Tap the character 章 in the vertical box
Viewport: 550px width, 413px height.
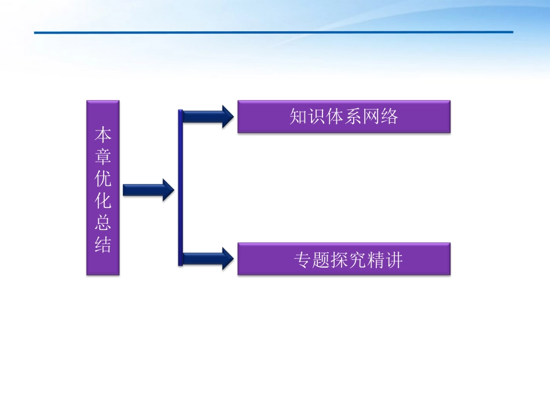(x=103, y=157)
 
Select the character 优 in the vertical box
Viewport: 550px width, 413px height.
(x=103, y=179)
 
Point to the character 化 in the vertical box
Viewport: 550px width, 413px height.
(x=103, y=201)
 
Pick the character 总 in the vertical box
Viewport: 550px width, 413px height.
(x=103, y=223)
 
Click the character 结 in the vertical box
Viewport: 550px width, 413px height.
(x=103, y=244)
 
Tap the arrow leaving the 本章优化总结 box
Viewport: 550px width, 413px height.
(x=148, y=190)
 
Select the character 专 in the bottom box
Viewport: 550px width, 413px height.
(x=303, y=260)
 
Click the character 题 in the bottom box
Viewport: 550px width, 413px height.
(x=322, y=260)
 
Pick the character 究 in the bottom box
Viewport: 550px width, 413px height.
(x=358, y=260)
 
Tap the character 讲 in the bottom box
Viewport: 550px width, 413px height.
(x=394, y=260)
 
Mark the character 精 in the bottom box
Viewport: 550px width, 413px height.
(x=376, y=260)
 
